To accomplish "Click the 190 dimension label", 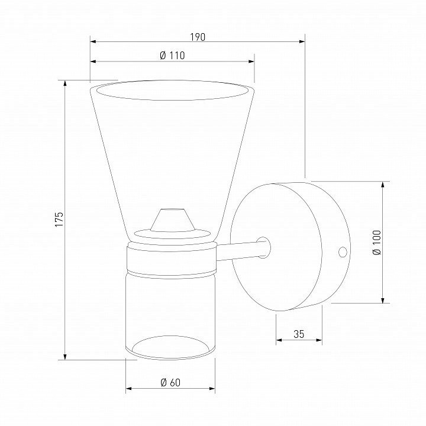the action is pyautogui.click(x=198, y=37).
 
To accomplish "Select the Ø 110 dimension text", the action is pyautogui.click(x=172, y=56).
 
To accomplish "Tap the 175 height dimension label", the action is pyautogui.click(x=59, y=220).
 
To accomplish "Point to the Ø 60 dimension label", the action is pyautogui.click(x=170, y=383).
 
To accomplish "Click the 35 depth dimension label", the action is pyautogui.click(x=299, y=334).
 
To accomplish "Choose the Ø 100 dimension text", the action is pyautogui.click(x=377, y=243).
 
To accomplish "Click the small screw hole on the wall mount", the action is pyautogui.click(x=343, y=252).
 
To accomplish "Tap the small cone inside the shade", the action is pyautogui.click(x=172, y=220).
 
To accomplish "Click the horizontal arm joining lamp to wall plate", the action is pyautogui.click(x=240, y=251).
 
